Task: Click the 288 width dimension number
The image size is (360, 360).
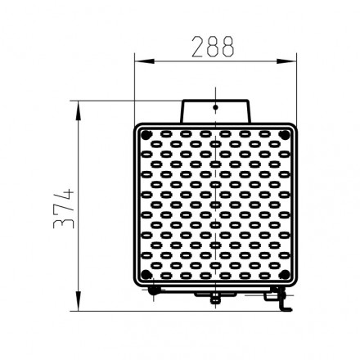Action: pyautogui.click(x=213, y=47)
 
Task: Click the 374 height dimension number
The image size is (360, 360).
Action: pyautogui.click(x=64, y=209)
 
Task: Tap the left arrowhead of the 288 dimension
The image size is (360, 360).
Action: pyautogui.click(x=145, y=61)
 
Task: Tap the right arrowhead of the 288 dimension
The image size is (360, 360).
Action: pyautogui.click(x=286, y=61)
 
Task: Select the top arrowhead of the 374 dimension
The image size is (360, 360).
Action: pyautogui.click(x=79, y=110)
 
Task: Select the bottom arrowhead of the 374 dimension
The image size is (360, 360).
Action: pyautogui.click(x=79, y=301)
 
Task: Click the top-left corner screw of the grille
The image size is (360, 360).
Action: pyautogui.click(x=146, y=134)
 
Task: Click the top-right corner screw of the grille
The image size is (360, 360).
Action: pyautogui.click(x=285, y=134)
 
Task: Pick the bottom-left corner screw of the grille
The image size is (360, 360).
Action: pyautogui.click(x=146, y=275)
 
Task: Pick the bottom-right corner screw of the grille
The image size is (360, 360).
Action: pyautogui.click(x=285, y=275)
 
